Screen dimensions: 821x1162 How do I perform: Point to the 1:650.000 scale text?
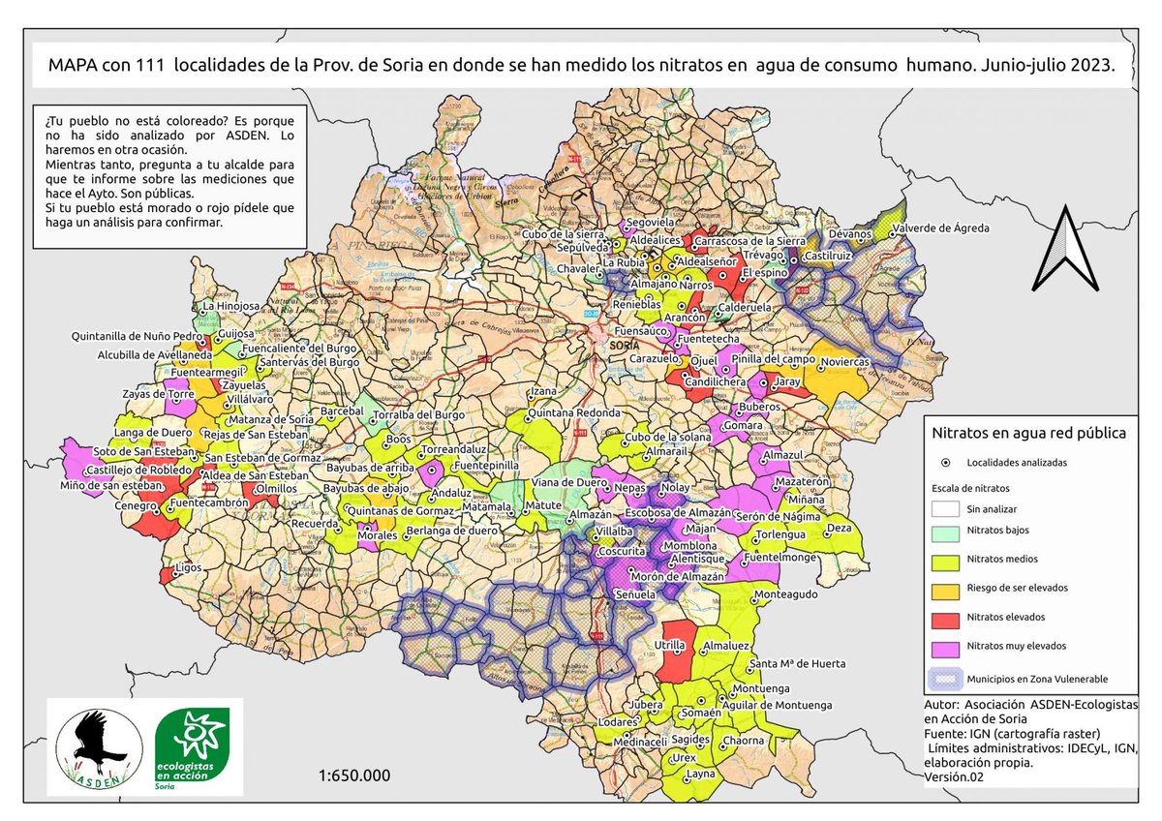pos(354,775)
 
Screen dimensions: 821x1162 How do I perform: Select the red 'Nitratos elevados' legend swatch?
pos(943,618)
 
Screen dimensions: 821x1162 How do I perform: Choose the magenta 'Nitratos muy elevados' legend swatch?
pos(943,646)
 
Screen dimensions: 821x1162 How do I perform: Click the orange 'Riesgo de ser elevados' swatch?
pos(943,589)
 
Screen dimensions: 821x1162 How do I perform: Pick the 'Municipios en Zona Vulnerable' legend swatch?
pos(943,679)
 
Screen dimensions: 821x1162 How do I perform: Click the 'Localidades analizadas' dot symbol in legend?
pos(944,463)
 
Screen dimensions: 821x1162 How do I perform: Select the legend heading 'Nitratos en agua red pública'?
pos(1027,434)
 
